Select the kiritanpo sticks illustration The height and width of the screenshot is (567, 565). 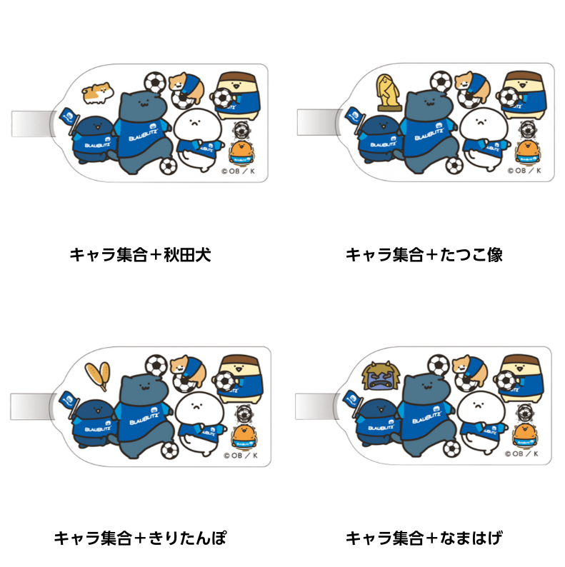point(96,375)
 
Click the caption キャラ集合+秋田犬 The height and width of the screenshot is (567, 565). point(140,255)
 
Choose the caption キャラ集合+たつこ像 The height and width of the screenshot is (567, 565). point(424,255)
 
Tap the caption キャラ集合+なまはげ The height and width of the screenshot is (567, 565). point(424,538)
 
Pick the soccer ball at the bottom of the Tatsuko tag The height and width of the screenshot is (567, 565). point(454,166)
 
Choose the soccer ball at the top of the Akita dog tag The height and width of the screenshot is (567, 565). point(154,81)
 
